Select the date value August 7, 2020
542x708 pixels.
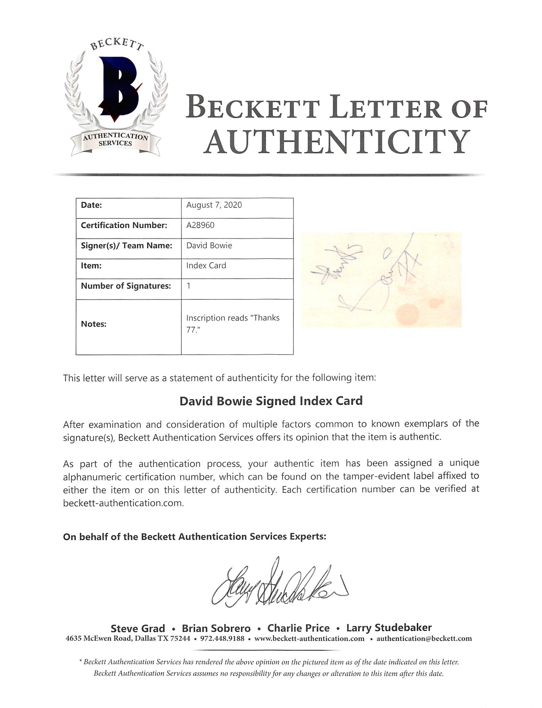click(x=214, y=205)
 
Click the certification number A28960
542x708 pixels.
click(x=200, y=225)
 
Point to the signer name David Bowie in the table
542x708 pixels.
click(x=209, y=245)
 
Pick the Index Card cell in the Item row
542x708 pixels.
click(x=206, y=265)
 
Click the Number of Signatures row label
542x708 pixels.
click(x=126, y=286)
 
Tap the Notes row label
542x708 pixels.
click(x=93, y=324)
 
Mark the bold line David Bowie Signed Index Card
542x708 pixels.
click(x=271, y=401)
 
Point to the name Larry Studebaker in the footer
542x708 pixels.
click(x=389, y=628)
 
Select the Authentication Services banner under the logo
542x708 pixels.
click(x=115, y=140)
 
